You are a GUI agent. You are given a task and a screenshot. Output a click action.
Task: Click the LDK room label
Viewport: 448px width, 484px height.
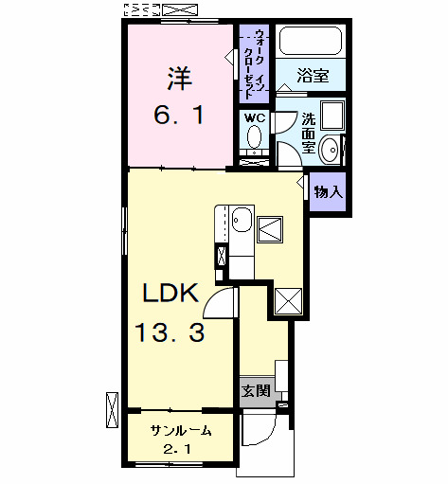click(x=170, y=294)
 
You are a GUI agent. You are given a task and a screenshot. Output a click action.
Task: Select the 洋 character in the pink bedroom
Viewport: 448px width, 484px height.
click(x=180, y=75)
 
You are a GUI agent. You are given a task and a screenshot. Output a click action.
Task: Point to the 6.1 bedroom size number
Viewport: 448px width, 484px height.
click(x=178, y=115)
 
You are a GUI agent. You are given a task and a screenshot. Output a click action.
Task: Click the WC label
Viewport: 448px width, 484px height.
click(x=254, y=117)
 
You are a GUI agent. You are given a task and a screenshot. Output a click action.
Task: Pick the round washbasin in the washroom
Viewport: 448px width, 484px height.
click(x=331, y=150)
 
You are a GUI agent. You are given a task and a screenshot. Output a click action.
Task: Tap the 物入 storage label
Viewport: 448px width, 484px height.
click(x=328, y=192)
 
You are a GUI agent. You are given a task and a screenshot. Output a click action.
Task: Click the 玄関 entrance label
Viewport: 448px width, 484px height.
click(x=254, y=390)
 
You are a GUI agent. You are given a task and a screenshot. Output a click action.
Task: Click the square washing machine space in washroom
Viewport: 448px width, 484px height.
click(x=332, y=117)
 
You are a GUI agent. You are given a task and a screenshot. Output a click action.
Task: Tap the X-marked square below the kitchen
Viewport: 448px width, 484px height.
click(x=288, y=298)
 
